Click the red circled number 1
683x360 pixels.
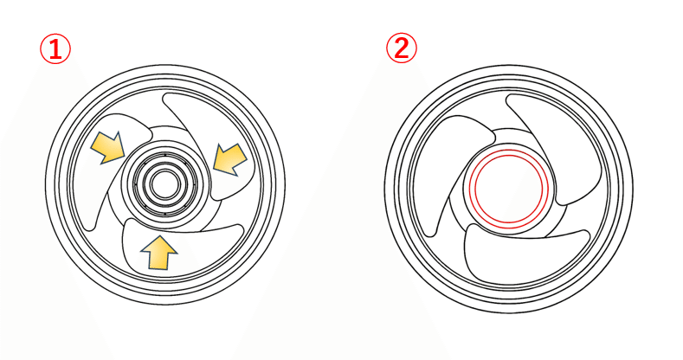[x=55, y=49]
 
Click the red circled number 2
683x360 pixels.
[x=401, y=48]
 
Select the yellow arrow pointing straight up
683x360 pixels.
[x=159, y=253]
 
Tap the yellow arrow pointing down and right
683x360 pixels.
[x=108, y=147]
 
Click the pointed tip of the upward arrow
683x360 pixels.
[x=159, y=236]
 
